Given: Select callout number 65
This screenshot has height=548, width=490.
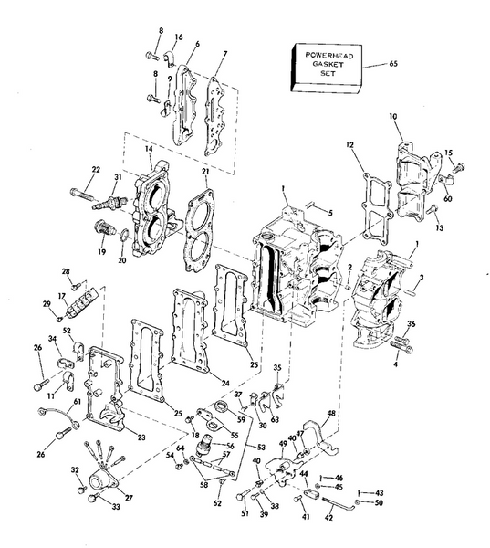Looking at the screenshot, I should [393, 65].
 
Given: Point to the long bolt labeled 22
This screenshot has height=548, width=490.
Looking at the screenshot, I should [83, 193].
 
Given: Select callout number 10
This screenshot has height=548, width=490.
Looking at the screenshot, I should [393, 117].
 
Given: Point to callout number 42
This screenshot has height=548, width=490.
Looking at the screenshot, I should [330, 516].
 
